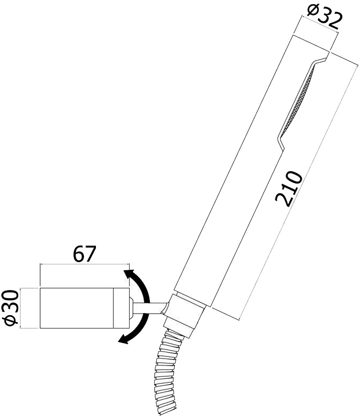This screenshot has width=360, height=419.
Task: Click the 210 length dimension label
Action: tap(289, 189)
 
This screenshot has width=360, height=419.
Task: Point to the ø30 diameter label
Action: tap(11, 308)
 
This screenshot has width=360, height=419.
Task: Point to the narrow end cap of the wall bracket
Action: tap(122, 308)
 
